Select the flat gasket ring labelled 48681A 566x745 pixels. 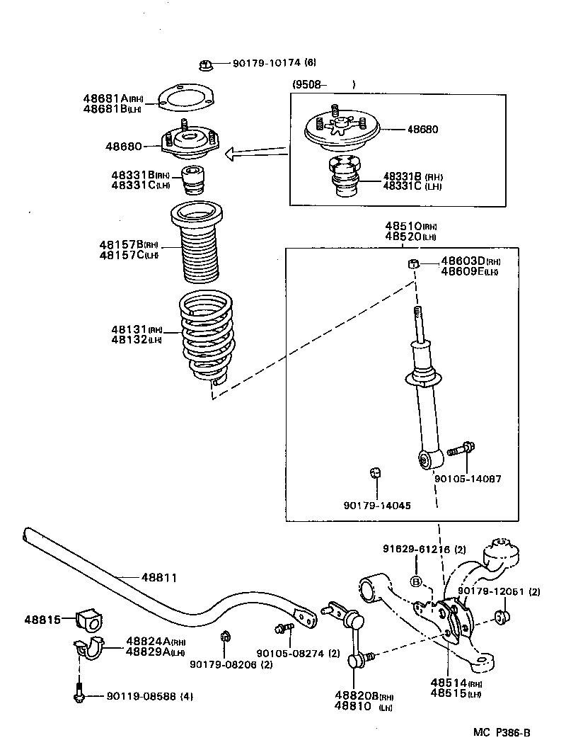[182, 100]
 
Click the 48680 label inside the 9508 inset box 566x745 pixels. [422, 130]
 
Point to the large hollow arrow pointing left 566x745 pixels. [255, 152]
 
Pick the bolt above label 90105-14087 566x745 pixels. [460, 449]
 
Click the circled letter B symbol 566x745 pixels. [415, 581]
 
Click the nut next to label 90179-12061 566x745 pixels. [502, 618]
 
